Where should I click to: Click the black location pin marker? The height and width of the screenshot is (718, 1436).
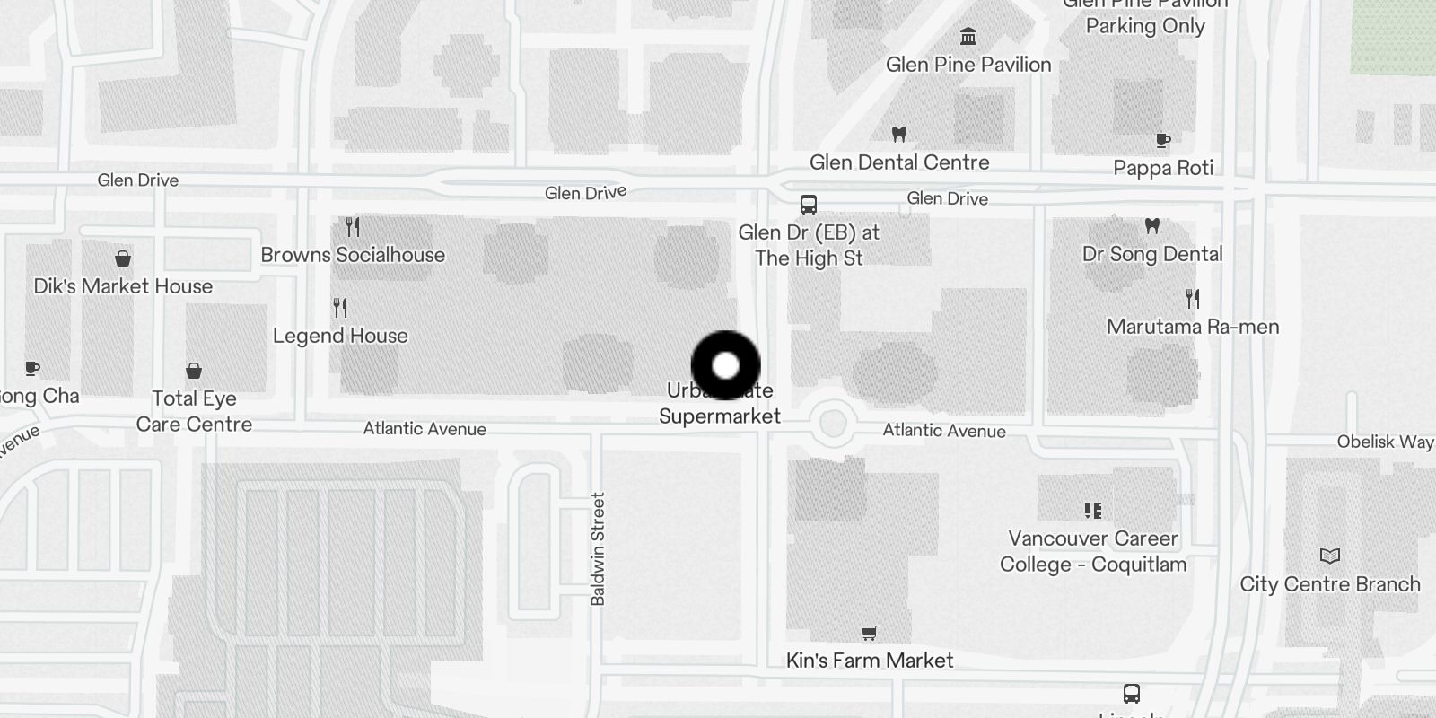point(725,365)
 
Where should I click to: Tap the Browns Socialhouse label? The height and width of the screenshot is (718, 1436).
point(353,255)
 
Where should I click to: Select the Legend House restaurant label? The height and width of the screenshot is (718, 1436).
point(340,336)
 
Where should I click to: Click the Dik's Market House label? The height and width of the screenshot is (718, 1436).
point(123,286)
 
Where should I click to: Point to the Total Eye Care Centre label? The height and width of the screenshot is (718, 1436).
point(194,411)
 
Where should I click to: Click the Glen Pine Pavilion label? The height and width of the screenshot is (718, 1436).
point(968,65)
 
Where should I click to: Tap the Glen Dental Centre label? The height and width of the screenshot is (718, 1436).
point(899,162)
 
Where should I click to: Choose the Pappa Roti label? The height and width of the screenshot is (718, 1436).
point(1163,168)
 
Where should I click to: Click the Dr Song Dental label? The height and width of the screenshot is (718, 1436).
point(1152,254)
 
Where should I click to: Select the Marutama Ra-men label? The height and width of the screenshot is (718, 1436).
point(1193,327)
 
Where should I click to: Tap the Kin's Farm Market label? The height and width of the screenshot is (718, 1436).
point(870,661)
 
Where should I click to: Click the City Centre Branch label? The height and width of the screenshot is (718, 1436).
point(1330,584)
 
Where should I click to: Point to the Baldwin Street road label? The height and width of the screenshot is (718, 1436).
point(598,548)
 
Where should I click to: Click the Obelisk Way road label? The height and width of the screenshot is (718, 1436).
point(1385,442)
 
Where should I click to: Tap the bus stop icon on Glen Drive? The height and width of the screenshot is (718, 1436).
point(809,205)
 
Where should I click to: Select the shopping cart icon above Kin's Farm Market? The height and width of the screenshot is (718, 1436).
point(869,635)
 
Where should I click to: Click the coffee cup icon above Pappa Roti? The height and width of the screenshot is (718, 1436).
point(1163,140)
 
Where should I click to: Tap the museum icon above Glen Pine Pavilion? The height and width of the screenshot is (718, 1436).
point(968,37)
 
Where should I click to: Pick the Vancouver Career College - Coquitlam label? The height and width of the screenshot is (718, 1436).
point(1093,551)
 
